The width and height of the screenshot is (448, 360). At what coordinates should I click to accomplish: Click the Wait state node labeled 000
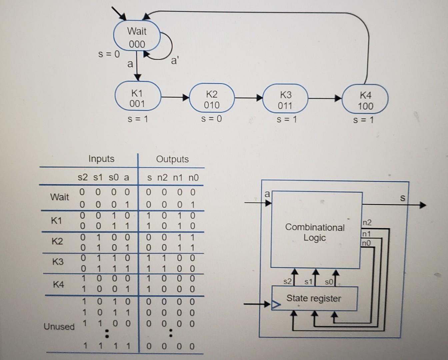click(137, 37)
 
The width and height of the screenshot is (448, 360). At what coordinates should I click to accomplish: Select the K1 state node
click(137, 98)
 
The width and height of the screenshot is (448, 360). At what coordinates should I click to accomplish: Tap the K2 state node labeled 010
click(212, 100)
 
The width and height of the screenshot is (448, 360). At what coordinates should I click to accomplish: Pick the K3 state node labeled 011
click(285, 100)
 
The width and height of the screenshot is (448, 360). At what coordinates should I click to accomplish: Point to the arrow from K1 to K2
click(175, 97)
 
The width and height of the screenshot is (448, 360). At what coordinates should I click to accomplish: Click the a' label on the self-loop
click(175, 61)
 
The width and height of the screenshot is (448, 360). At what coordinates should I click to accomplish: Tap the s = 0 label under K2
click(211, 119)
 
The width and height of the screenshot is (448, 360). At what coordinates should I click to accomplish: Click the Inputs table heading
click(101, 159)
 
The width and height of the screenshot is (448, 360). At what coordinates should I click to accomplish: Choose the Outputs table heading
click(172, 159)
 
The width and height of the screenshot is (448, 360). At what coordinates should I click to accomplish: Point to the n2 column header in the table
click(162, 178)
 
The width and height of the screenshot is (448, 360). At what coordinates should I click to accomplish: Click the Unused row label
click(59, 326)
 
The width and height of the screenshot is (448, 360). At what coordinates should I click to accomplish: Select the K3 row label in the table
click(58, 262)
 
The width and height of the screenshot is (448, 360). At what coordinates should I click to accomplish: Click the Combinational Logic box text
click(315, 232)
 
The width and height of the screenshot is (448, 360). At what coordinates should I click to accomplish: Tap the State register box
click(314, 298)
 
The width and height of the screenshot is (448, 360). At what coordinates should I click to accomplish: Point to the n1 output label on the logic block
click(366, 234)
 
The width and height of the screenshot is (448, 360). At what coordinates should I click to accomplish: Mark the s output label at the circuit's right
click(402, 198)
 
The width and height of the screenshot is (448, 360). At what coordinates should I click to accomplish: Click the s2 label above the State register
click(287, 282)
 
